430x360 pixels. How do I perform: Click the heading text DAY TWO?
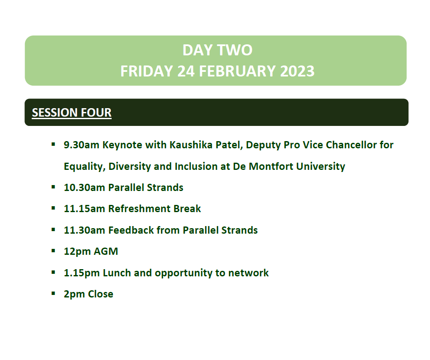pos(217,50)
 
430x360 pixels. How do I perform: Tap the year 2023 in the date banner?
pos(297,71)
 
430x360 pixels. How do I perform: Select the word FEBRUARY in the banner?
pos(237,71)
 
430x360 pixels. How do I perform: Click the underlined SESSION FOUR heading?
pos(71,112)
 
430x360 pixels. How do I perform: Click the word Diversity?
pos(130,166)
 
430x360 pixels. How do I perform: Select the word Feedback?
pos(131,230)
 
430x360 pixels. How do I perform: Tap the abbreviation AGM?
pos(106,251)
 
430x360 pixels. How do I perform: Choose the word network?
pos(249,273)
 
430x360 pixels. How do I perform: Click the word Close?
pos(101,294)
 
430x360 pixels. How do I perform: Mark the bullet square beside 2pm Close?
pos(53,293)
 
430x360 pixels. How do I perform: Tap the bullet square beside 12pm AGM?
pos(53,251)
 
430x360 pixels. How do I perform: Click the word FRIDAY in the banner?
pos(147,71)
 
